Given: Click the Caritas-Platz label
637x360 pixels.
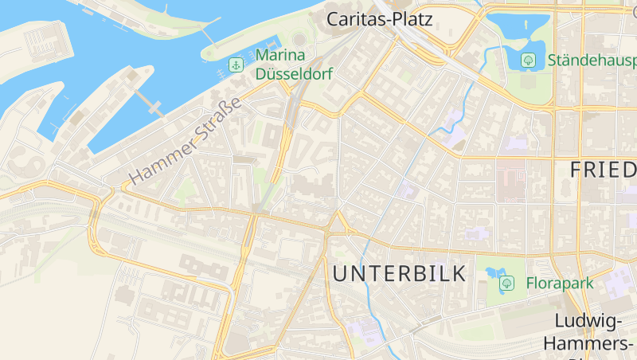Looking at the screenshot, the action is [x=380, y=19].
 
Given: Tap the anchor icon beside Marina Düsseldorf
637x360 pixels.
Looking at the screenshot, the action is [x=236, y=65].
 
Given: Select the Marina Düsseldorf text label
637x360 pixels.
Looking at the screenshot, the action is [x=293, y=65].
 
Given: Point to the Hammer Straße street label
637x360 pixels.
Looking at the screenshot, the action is [x=186, y=140].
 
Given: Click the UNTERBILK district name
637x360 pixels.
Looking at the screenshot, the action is [x=400, y=275].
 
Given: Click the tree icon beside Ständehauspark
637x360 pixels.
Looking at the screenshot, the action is [x=528, y=60].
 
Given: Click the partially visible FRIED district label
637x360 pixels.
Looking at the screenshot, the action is [x=603, y=169].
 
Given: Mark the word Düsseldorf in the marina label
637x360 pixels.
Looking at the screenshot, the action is [x=293, y=73].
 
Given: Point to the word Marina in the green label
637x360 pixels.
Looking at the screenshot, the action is [x=280, y=56].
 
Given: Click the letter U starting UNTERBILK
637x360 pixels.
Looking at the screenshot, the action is [x=341, y=275].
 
